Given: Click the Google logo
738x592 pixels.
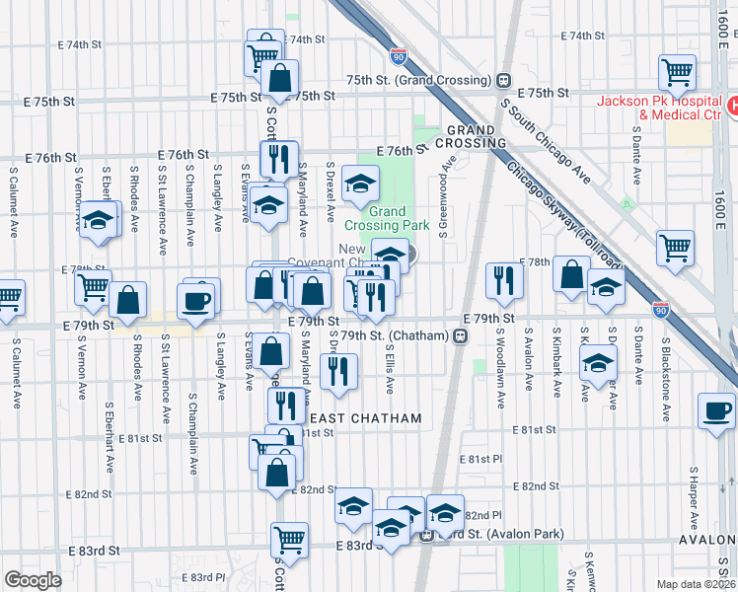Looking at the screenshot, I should (x=33, y=580).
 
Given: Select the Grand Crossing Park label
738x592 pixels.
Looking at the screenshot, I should (x=400, y=218).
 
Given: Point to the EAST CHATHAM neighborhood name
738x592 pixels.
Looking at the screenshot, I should (x=372, y=418).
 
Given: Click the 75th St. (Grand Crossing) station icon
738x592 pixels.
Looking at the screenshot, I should (x=503, y=80).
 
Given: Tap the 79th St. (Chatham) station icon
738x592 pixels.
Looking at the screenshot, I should (x=460, y=336).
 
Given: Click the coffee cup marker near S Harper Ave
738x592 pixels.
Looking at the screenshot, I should (x=716, y=410).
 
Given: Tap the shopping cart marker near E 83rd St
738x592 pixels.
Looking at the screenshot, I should (x=290, y=539).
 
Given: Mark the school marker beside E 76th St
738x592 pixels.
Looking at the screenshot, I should (x=361, y=183).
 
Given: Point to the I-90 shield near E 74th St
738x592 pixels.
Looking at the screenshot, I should (x=398, y=56).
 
